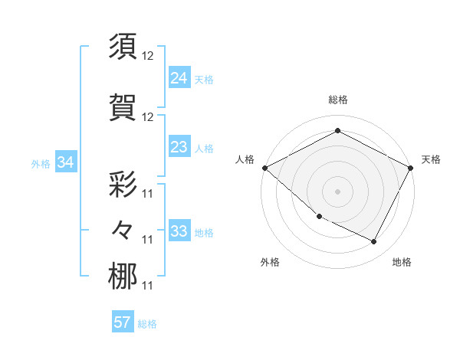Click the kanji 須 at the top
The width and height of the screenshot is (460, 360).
tap(123, 47)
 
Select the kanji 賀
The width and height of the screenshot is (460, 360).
tap(123, 106)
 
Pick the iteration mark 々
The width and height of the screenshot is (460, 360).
tap(123, 229)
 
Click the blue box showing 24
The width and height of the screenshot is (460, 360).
tap(179, 77)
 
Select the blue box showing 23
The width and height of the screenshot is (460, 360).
tap(179, 147)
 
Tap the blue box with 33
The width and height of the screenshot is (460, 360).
tap(179, 231)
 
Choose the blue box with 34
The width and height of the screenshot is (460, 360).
tap(66, 162)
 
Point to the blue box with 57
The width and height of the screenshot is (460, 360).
tap(123, 322)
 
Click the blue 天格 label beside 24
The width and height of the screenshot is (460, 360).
tap(204, 79)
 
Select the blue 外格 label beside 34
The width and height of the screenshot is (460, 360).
tap(41, 163)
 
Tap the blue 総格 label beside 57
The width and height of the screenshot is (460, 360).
tap(147, 324)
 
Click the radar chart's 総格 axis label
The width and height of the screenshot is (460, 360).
tap(337, 100)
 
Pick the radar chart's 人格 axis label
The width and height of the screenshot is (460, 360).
tap(245, 159)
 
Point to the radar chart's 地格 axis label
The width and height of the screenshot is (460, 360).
tap(402, 262)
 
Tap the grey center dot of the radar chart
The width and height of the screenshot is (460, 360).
tap(337, 191)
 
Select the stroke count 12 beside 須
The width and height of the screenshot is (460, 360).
tap(148, 57)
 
